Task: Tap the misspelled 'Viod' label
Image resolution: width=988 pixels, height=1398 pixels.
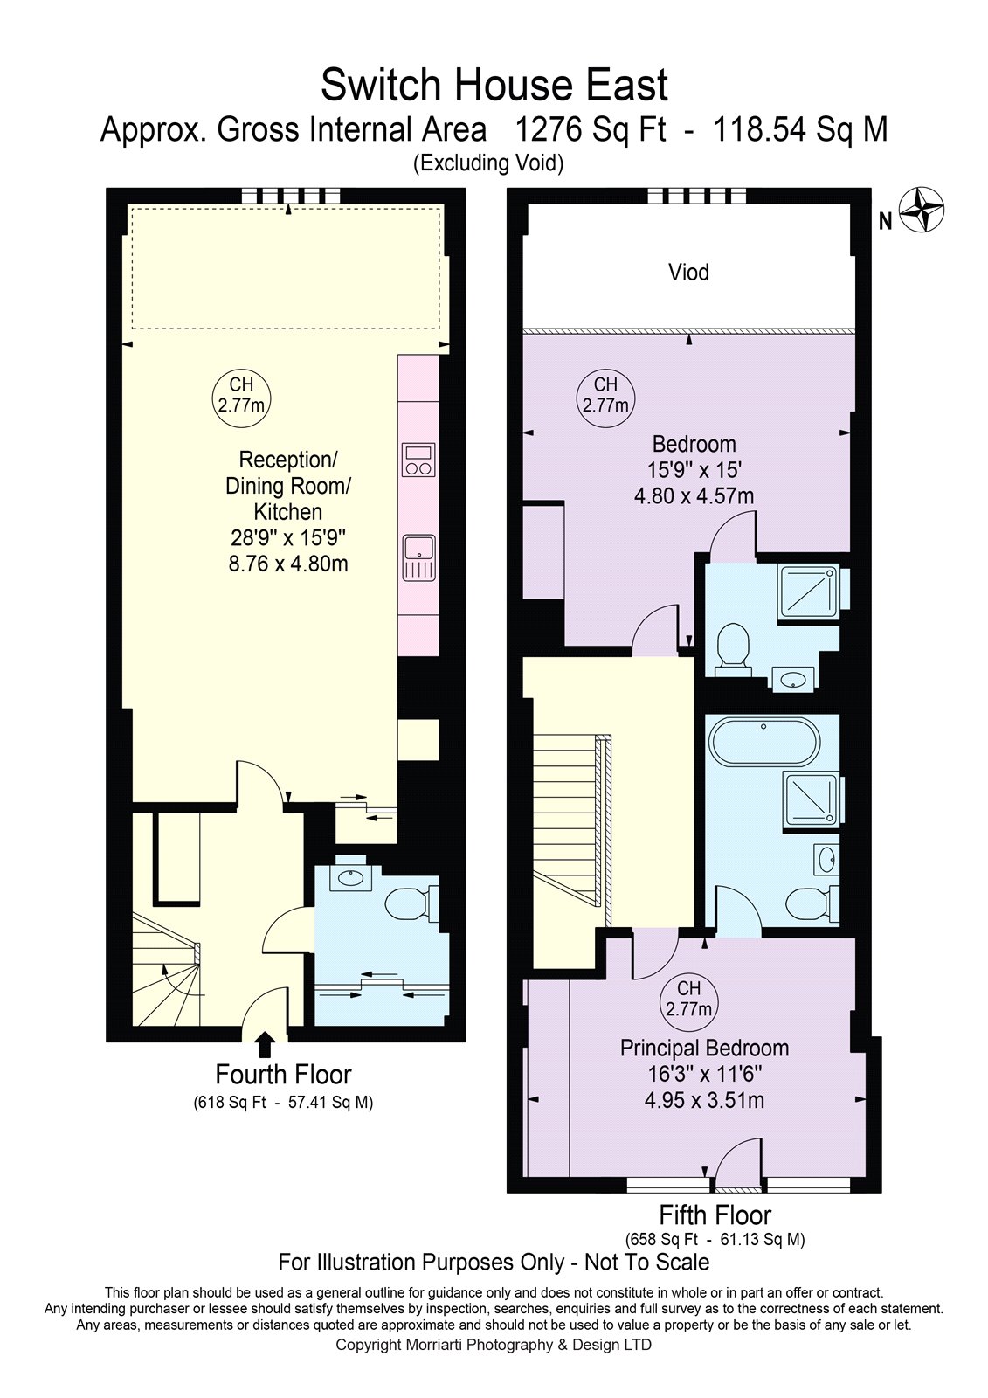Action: coord(688,272)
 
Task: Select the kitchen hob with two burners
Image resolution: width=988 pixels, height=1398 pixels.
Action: coord(418,460)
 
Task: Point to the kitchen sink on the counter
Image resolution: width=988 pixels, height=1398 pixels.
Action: coord(418,557)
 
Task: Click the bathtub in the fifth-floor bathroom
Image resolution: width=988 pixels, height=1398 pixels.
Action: coord(764,743)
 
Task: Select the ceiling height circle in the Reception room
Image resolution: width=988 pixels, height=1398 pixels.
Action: coord(241,396)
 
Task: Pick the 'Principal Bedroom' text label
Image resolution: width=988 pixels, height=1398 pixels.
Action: coord(704,1048)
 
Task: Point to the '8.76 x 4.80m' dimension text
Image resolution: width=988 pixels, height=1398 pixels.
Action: coord(288,564)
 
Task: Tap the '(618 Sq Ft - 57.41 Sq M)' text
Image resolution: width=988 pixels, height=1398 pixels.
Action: coord(283,1103)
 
